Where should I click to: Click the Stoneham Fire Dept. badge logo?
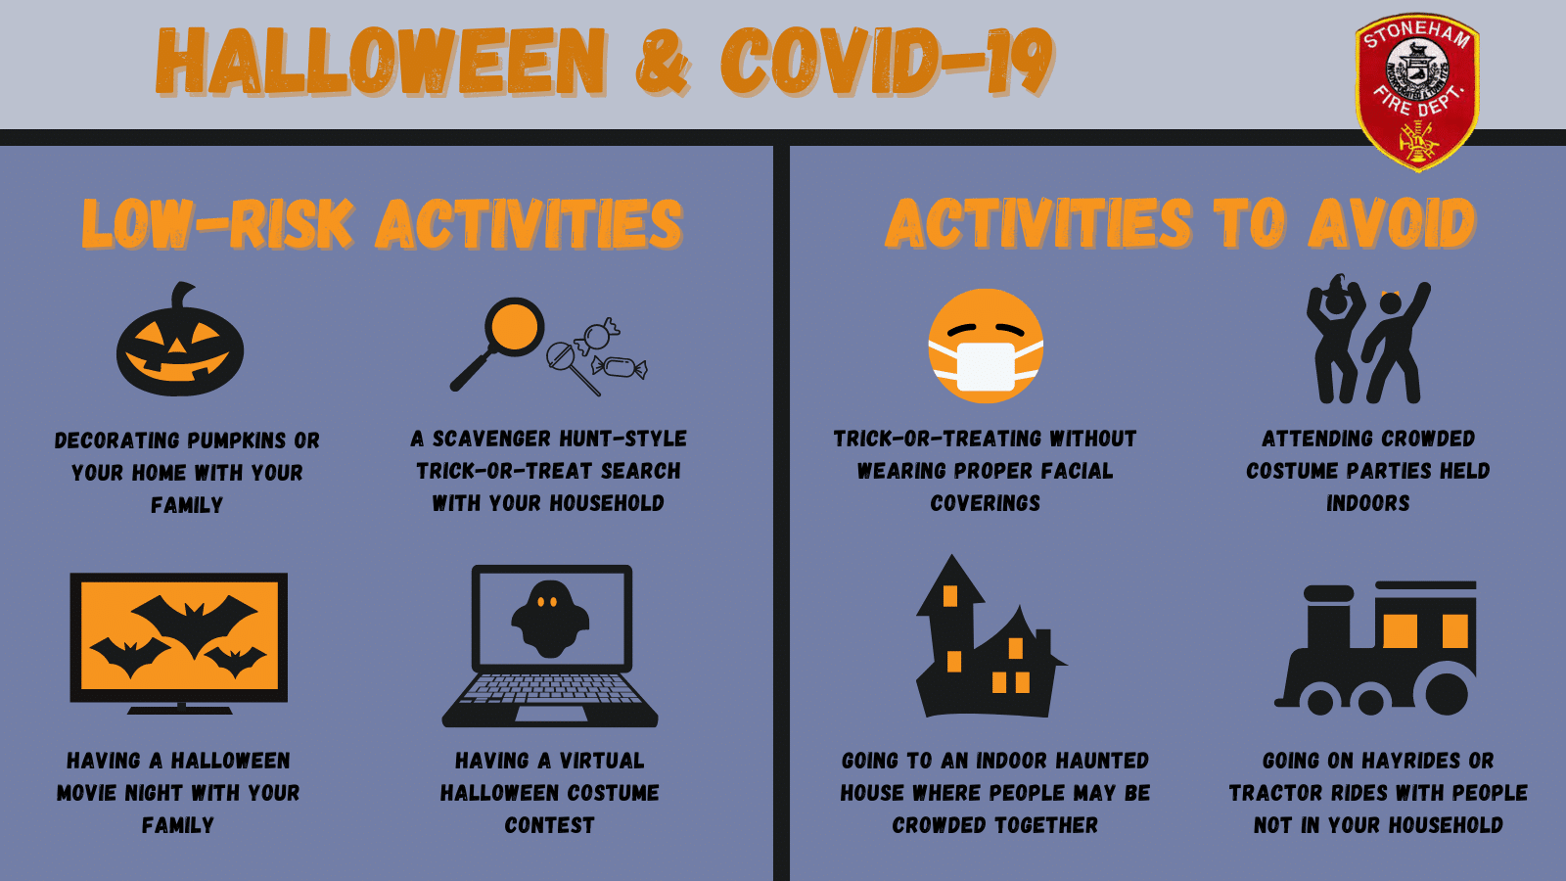[1417, 92]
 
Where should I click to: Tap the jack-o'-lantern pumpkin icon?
[180, 340]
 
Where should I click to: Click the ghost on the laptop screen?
[550, 619]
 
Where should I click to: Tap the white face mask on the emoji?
[986, 366]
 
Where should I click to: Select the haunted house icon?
[990, 636]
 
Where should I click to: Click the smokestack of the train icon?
[1328, 616]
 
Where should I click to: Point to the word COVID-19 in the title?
[887, 62]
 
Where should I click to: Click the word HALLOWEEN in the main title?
[381, 62]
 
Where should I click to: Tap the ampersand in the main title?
[662, 63]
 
